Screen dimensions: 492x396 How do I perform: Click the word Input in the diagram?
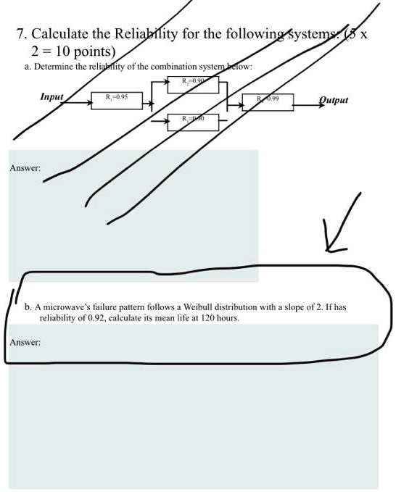pos(51,96)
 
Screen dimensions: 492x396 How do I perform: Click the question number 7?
pos(20,34)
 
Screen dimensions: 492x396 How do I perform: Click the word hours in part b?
pos(227,317)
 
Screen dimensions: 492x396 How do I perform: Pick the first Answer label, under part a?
pos(24,169)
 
